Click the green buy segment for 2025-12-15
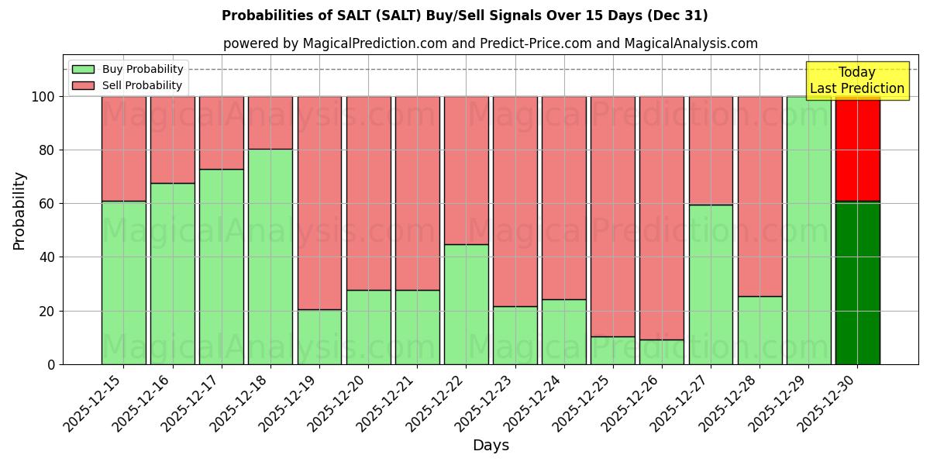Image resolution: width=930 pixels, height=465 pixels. tap(123, 283)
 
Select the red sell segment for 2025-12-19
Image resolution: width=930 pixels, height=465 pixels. tap(319, 203)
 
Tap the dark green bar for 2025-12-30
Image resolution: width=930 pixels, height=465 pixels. tap(857, 283)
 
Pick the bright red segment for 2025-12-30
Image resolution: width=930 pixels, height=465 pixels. tap(857, 149)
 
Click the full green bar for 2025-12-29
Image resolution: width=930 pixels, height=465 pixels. tap(808, 230)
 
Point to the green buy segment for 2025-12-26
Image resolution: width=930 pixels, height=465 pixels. tap(662, 352)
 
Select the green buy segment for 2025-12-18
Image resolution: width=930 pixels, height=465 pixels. tap(270, 257)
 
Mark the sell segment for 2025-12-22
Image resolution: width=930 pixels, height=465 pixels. tap(467, 170)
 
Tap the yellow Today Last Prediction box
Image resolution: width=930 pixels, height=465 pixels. tap(857, 81)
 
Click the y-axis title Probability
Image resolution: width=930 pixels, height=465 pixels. tap(19, 211)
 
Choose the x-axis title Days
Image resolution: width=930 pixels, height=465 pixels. tap(491, 446)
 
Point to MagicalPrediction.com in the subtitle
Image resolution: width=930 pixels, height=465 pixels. tap(370, 43)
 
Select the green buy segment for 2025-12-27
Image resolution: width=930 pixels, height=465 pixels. tap(711, 284)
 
